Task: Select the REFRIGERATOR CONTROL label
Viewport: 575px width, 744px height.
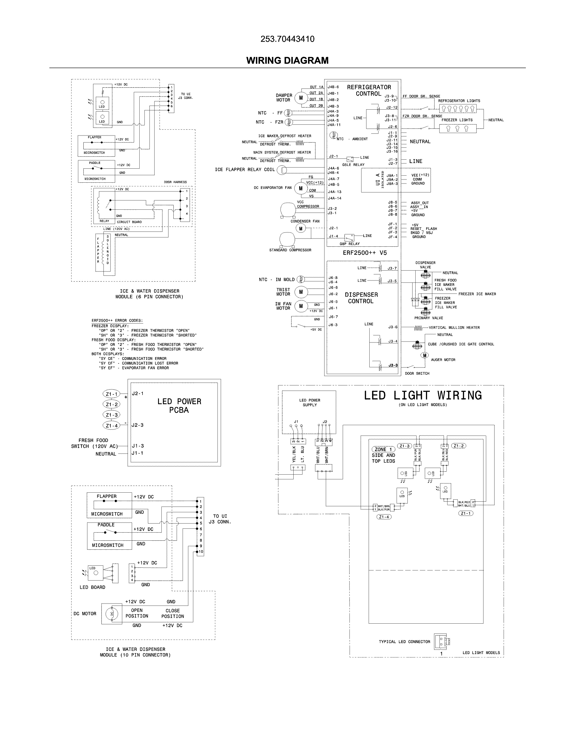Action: click(x=369, y=90)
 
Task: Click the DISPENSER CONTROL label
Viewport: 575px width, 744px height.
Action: click(x=361, y=298)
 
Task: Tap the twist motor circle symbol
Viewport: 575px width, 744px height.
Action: click(x=301, y=292)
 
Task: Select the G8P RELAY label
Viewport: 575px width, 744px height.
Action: click(x=350, y=244)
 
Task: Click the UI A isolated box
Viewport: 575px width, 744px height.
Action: click(x=396, y=180)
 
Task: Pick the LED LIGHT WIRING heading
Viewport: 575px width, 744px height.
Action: click(x=423, y=395)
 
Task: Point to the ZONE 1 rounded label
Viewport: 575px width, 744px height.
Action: click(x=383, y=449)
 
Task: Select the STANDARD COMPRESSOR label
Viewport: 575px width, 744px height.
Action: click(x=290, y=250)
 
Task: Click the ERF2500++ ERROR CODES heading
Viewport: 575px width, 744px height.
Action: click(x=117, y=321)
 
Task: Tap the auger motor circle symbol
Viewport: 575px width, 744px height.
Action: click(x=424, y=356)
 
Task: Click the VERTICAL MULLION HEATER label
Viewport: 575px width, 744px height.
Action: click(x=454, y=328)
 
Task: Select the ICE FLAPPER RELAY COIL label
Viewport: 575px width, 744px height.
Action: click(x=245, y=170)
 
